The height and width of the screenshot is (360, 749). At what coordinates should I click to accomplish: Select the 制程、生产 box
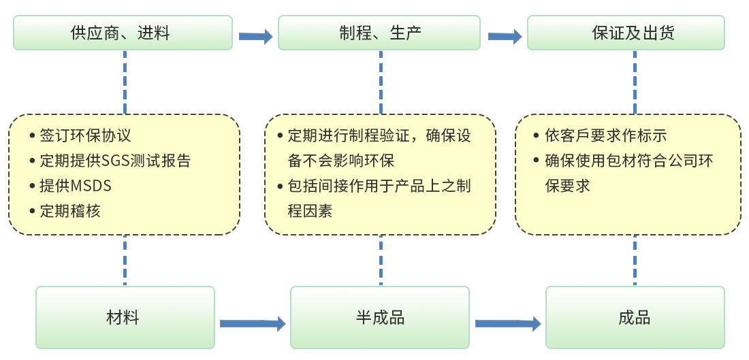(379, 33)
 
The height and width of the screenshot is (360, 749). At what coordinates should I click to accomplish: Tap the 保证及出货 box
(626, 33)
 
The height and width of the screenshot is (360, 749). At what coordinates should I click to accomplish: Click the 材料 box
(125, 317)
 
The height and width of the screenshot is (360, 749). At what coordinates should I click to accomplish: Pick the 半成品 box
(379, 317)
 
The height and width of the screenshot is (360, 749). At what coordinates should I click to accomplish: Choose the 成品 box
(635, 317)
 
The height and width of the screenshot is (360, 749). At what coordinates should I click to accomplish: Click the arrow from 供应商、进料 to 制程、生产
(255, 36)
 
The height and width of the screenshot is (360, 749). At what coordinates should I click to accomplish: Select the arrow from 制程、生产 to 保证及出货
(505, 36)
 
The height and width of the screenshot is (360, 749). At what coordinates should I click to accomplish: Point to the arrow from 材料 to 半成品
(252, 324)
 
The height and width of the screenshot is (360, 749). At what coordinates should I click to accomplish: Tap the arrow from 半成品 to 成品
(507, 324)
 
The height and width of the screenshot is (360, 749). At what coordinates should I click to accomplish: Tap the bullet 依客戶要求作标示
(606, 135)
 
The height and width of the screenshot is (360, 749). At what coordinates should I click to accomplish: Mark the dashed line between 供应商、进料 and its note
(125, 82)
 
